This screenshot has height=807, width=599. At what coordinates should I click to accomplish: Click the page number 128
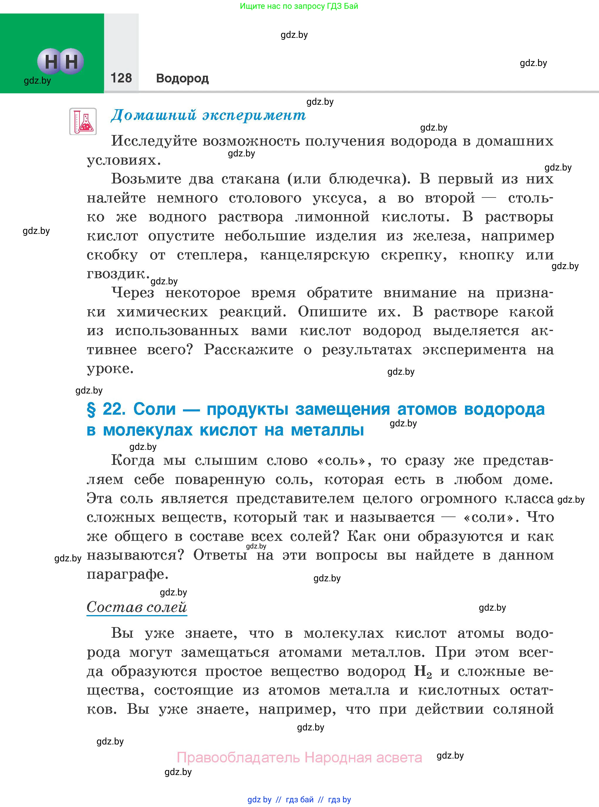pyautogui.click(x=121, y=78)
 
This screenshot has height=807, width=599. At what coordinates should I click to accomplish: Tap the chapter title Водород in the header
pyautogui.click(x=182, y=78)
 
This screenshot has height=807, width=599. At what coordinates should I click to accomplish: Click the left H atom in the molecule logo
pyautogui.click(x=50, y=61)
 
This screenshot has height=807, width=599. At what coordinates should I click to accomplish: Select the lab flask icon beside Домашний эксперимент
pyautogui.click(x=83, y=121)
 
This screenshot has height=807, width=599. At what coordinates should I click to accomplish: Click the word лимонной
pyautogui.click(x=332, y=217)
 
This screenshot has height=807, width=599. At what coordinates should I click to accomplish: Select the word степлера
pyautogui.click(x=212, y=255)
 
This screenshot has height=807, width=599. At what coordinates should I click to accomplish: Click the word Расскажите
pyautogui.click(x=248, y=350)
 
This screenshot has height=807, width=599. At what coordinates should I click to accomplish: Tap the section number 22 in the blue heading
pyautogui.click(x=113, y=409)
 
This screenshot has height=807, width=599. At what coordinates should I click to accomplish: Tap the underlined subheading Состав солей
pyautogui.click(x=137, y=607)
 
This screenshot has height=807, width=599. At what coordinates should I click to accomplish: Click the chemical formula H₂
pyautogui.click(x=423, y=672)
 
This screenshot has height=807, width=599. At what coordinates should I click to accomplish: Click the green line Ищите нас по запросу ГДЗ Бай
pyautogui.click(x=299, y=6)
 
